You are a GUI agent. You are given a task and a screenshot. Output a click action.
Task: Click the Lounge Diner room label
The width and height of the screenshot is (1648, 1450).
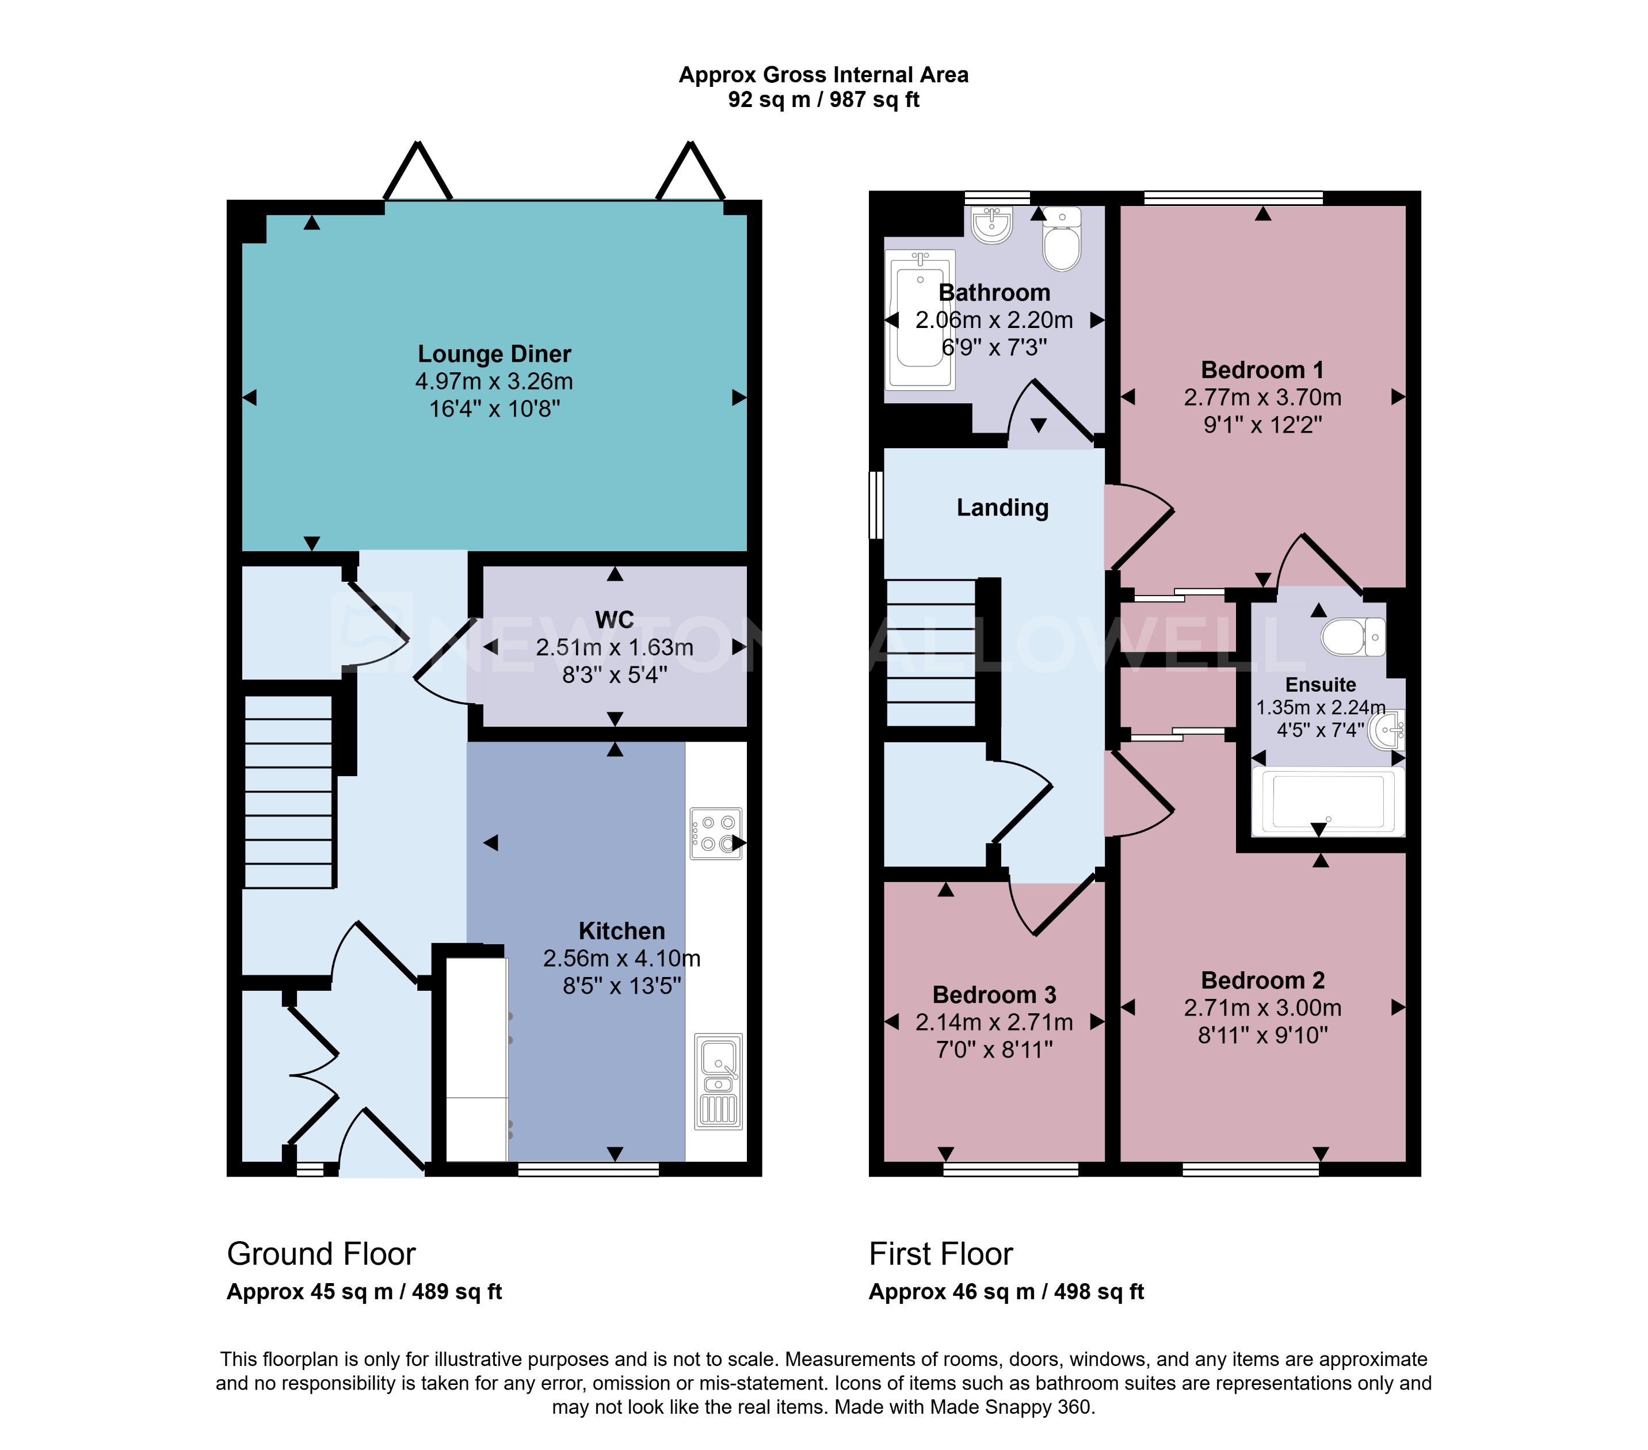(x=494, y=354)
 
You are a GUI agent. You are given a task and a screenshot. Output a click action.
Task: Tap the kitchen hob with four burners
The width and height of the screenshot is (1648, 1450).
(x=716, y=833)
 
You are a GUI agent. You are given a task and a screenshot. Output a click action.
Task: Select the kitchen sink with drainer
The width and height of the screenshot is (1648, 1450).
(x=718, y=1081)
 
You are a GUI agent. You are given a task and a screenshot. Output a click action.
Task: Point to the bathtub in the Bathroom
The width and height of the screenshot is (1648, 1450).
(x=920, y=319)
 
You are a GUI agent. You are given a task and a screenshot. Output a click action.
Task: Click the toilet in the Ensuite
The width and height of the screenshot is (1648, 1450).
(x=1353, y=636)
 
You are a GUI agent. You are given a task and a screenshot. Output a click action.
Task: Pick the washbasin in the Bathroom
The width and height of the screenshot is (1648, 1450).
(x=991, y=224)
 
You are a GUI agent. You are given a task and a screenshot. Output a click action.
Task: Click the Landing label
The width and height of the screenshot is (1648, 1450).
(x=1002, y=507)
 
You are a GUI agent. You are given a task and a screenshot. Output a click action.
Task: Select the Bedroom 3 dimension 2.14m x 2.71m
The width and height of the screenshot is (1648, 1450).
(x=994, y=1022)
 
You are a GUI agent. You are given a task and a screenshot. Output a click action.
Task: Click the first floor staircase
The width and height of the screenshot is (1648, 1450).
(x=931, y=653)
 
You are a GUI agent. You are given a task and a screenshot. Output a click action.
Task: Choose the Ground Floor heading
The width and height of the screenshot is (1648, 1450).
(x=321, y=1254)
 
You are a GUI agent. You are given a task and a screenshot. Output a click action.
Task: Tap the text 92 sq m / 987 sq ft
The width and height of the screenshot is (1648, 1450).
(x=823, y=100)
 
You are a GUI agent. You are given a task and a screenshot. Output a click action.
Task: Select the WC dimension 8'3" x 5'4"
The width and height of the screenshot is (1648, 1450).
(x=615, y=675)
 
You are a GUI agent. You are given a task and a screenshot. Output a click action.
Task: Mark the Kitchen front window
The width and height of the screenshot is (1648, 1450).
(x=589, y=1169)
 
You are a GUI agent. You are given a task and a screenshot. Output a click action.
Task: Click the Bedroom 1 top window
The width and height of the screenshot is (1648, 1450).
(x=1233, y=197)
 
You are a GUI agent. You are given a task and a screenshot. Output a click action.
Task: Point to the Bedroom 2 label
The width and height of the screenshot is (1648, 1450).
(x=1262, y=980)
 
